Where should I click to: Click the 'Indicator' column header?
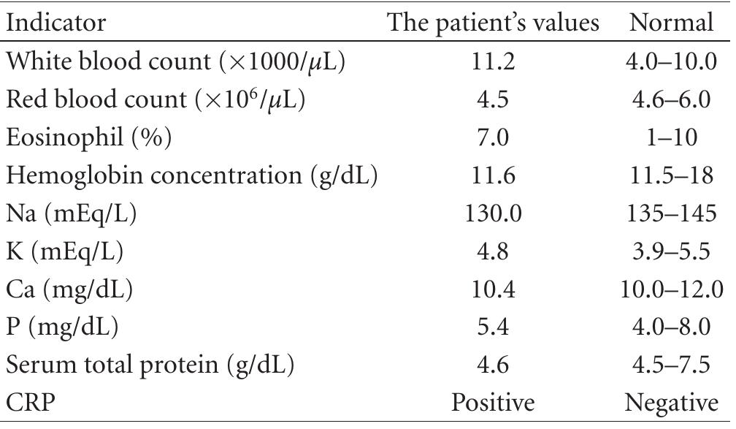[55, 23]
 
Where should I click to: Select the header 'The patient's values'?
[493, 23]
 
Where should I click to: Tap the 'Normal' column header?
[671, 23]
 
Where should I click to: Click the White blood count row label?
[176, 62]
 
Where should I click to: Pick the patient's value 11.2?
[493, 62]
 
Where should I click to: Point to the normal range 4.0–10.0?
[671, 62]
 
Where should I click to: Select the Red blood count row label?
[156, 100]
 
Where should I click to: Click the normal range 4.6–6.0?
[671, 100]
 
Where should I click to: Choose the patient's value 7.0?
[493, 138]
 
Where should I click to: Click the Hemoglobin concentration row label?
[192, 176]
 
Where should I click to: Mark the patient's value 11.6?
[493, 176]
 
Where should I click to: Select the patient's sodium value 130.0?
[493, 214]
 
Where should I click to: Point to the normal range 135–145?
[671, 214]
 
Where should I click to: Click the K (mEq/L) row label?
[65, 252]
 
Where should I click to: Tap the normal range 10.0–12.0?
[671, 290]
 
